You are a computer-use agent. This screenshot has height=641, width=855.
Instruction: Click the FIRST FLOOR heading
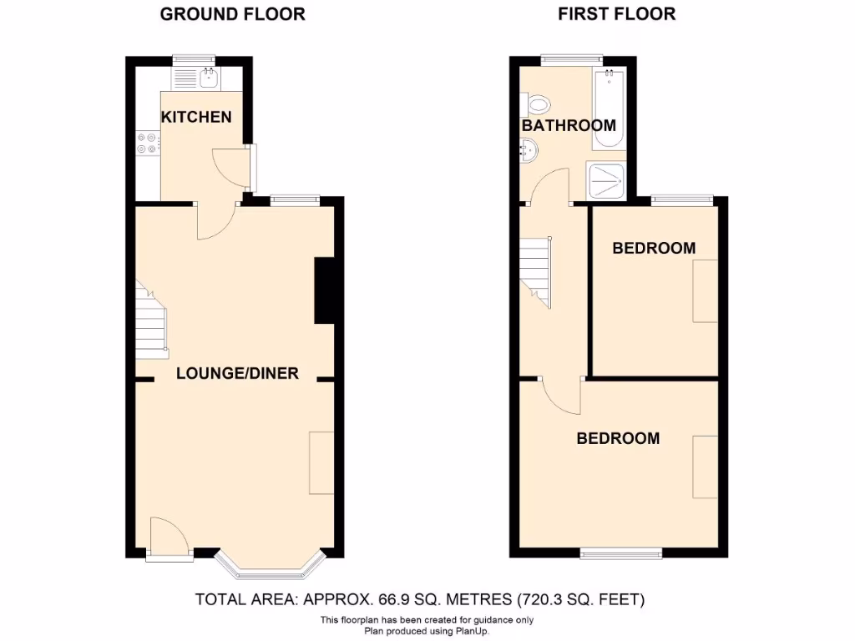pos(616,14)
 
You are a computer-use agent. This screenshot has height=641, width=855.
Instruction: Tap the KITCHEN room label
pos(196,117)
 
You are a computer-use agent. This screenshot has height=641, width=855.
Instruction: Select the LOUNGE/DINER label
pos(237,373)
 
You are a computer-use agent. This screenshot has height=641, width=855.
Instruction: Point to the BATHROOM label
pos(569,125)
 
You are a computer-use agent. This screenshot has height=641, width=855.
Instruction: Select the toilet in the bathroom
pos(539,105)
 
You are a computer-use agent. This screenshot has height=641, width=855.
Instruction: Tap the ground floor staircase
pos(151,321)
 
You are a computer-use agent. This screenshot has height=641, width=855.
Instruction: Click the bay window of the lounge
pos(269,565)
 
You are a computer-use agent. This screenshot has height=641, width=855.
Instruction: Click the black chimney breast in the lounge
pos(324,290)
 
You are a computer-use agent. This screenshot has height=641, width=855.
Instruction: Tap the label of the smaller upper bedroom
pos(654,248)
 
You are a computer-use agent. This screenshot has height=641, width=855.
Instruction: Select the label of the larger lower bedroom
pos(618,438)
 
